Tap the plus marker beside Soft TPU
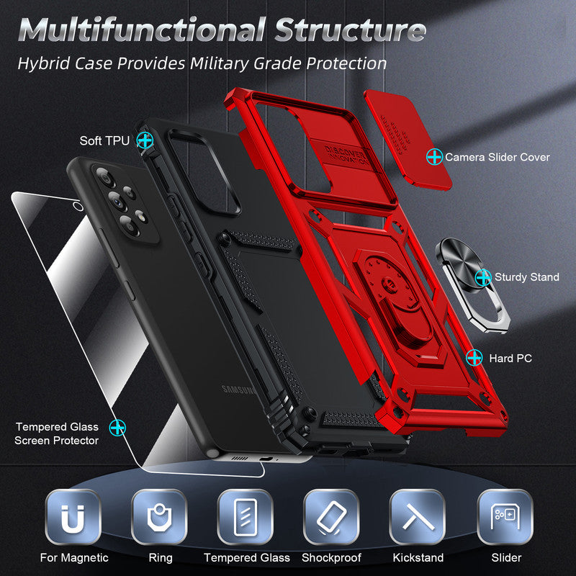[x=145, y=140]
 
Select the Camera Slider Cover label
[x=497, y=157]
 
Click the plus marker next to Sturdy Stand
[x=483, y=276]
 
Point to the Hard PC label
[x=510, y=357]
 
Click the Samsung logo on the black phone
[x=238, y=391]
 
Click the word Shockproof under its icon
[x=331, y=557]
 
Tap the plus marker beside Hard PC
[x=474, y=357]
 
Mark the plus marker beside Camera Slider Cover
[x=434, y=156]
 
